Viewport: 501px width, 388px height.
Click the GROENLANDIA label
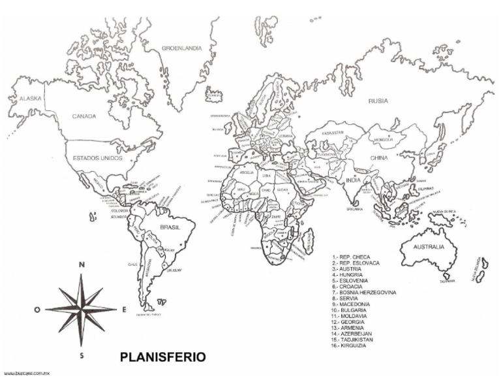coord(181,48)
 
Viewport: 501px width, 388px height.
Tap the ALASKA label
coord(30,99)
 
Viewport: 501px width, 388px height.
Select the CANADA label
coord(84,116)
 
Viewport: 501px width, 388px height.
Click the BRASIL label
coord(170,227)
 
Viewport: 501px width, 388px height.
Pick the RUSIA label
coord(378,101)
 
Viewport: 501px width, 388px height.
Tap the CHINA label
coord(378,158)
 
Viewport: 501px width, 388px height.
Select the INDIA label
coord(353,180)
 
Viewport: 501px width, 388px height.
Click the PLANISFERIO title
coord(163,357)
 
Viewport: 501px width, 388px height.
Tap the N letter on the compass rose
coord(82,265)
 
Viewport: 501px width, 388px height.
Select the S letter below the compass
coord(82,356)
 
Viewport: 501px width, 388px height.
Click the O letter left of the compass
coord(37,310)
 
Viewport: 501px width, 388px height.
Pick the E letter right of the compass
coord(124,310)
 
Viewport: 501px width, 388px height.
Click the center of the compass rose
coord(82,310)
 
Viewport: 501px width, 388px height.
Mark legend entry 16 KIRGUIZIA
coord(348,346)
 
